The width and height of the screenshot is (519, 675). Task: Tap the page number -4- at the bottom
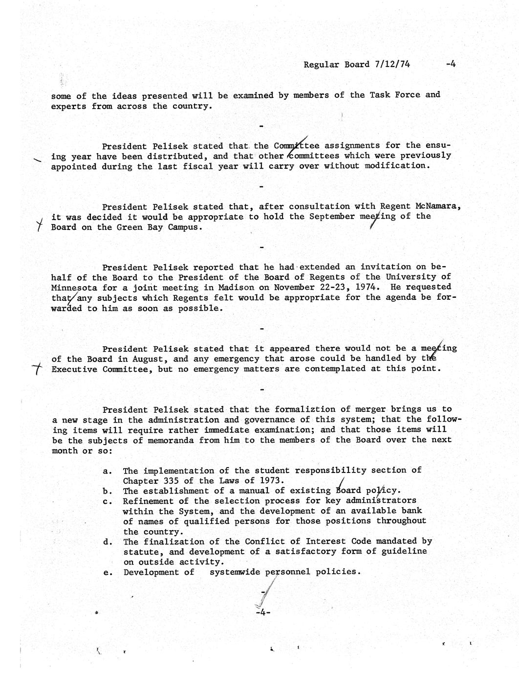click(x=262, y=612)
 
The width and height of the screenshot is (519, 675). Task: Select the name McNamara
click(x=435, y=206)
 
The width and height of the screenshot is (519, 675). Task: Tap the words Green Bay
click(x=137, y=227)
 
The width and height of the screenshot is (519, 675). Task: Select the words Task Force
click(x=394, y=95)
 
